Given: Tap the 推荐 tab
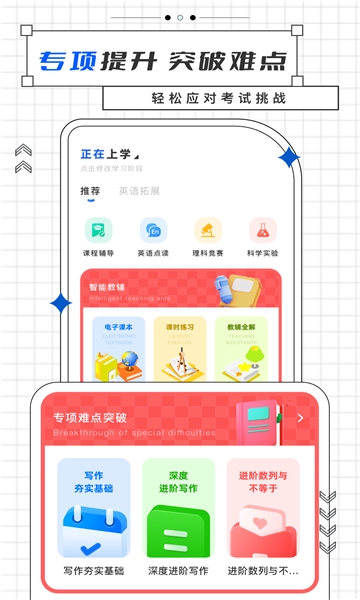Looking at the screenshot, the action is pyautogui.click(x=90, y=190).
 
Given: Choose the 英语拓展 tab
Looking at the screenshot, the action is pyautogui.click(x=139, y=190).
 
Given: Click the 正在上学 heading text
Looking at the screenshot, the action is pyautogui.click(x=106, y=154).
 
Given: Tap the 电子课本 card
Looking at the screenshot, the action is pyautogui.click(x=119, y=349).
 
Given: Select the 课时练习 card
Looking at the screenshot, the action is pyautogui.click(x=180, y=349).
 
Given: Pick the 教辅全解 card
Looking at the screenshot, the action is pyautogui.click(x=241, y=349).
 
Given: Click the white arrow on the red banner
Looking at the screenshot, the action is pyautogui.click(x=300, y=418).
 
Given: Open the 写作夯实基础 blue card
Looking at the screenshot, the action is pyautogui.click(x=94, y=509).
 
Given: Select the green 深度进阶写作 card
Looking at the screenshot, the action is pyautogui.click(x=178, y=509).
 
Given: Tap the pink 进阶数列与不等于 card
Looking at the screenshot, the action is pyautogui.click(x=263, y=509).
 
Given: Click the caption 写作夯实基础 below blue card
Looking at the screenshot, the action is pyautogui.click(x=94, y=571).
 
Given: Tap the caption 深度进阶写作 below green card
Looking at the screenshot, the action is pyautogui.click(x=178, y=571).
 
